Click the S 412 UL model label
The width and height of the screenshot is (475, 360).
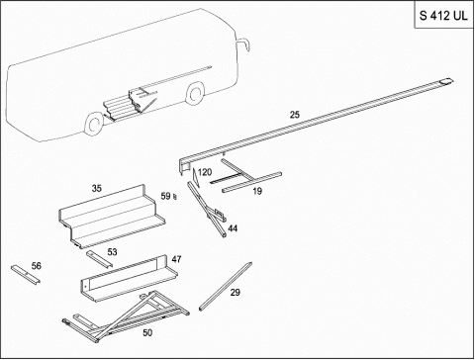[x=443, y=16]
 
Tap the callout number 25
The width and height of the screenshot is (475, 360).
[x=295, y=115]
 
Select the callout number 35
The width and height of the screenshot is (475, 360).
[x=96, y=189]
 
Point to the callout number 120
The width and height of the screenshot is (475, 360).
[x=205, y=172]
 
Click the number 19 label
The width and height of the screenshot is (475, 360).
[x=257, y=191]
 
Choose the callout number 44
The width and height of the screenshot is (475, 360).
[x=233, y=228]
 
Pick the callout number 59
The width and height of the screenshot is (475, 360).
[x=165, y=196]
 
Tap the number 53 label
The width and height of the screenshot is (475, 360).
[x=112, y=252]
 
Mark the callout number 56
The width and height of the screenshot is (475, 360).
[x=37, y=266]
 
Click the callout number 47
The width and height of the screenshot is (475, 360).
[x=176, y=259]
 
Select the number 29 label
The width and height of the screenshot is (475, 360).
[x=236, y=293]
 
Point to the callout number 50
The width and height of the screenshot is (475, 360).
[x=147, y=333]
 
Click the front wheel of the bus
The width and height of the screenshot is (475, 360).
[x=195, y=94]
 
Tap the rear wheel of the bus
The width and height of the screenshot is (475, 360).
[x=94, y=124]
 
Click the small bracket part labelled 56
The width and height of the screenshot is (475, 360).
[x=26, y=274]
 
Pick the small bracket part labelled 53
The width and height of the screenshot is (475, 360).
[x=99, y=259]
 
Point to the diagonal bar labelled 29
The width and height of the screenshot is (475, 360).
[x=226, y=286]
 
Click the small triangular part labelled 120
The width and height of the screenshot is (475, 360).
[x=196, y=177]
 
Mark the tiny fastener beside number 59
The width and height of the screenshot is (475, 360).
[x=175, y=197]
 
